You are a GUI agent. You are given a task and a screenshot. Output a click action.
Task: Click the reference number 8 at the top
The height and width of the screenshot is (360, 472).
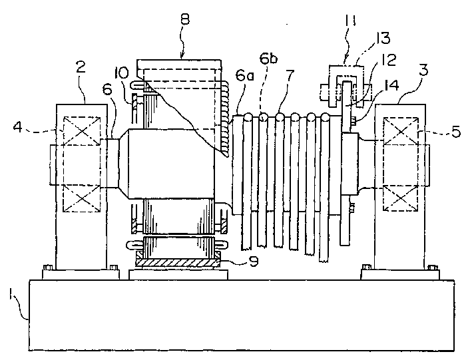click(x=185, y=20)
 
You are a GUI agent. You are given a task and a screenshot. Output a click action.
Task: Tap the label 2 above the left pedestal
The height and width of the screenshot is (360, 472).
click(x=80, y=68)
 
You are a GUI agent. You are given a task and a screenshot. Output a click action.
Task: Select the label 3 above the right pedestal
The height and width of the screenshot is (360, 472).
click(x=423, y=70)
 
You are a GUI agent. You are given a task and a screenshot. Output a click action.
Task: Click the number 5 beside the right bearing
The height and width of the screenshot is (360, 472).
click(x=456, y=131)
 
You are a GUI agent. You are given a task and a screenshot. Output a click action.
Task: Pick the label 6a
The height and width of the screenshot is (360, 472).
click(x=244, y=76)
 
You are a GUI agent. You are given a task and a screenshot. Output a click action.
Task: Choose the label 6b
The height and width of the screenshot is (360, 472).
click(x=268, y=59)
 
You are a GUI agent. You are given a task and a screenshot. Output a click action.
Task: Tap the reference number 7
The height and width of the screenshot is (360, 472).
click(x=290, y=75)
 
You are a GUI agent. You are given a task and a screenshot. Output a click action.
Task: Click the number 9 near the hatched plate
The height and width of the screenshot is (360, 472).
click(x=254, y=262)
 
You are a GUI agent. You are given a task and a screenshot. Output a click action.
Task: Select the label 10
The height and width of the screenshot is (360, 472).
click(x=122, y=73)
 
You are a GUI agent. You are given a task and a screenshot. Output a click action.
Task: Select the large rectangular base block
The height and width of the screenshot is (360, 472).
click(x=242, y=315)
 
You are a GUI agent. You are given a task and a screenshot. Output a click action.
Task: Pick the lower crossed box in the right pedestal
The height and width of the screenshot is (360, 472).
click(x=400, y=198)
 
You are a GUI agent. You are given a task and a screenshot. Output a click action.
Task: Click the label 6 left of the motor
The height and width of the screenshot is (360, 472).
click(x=108, y=89)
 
